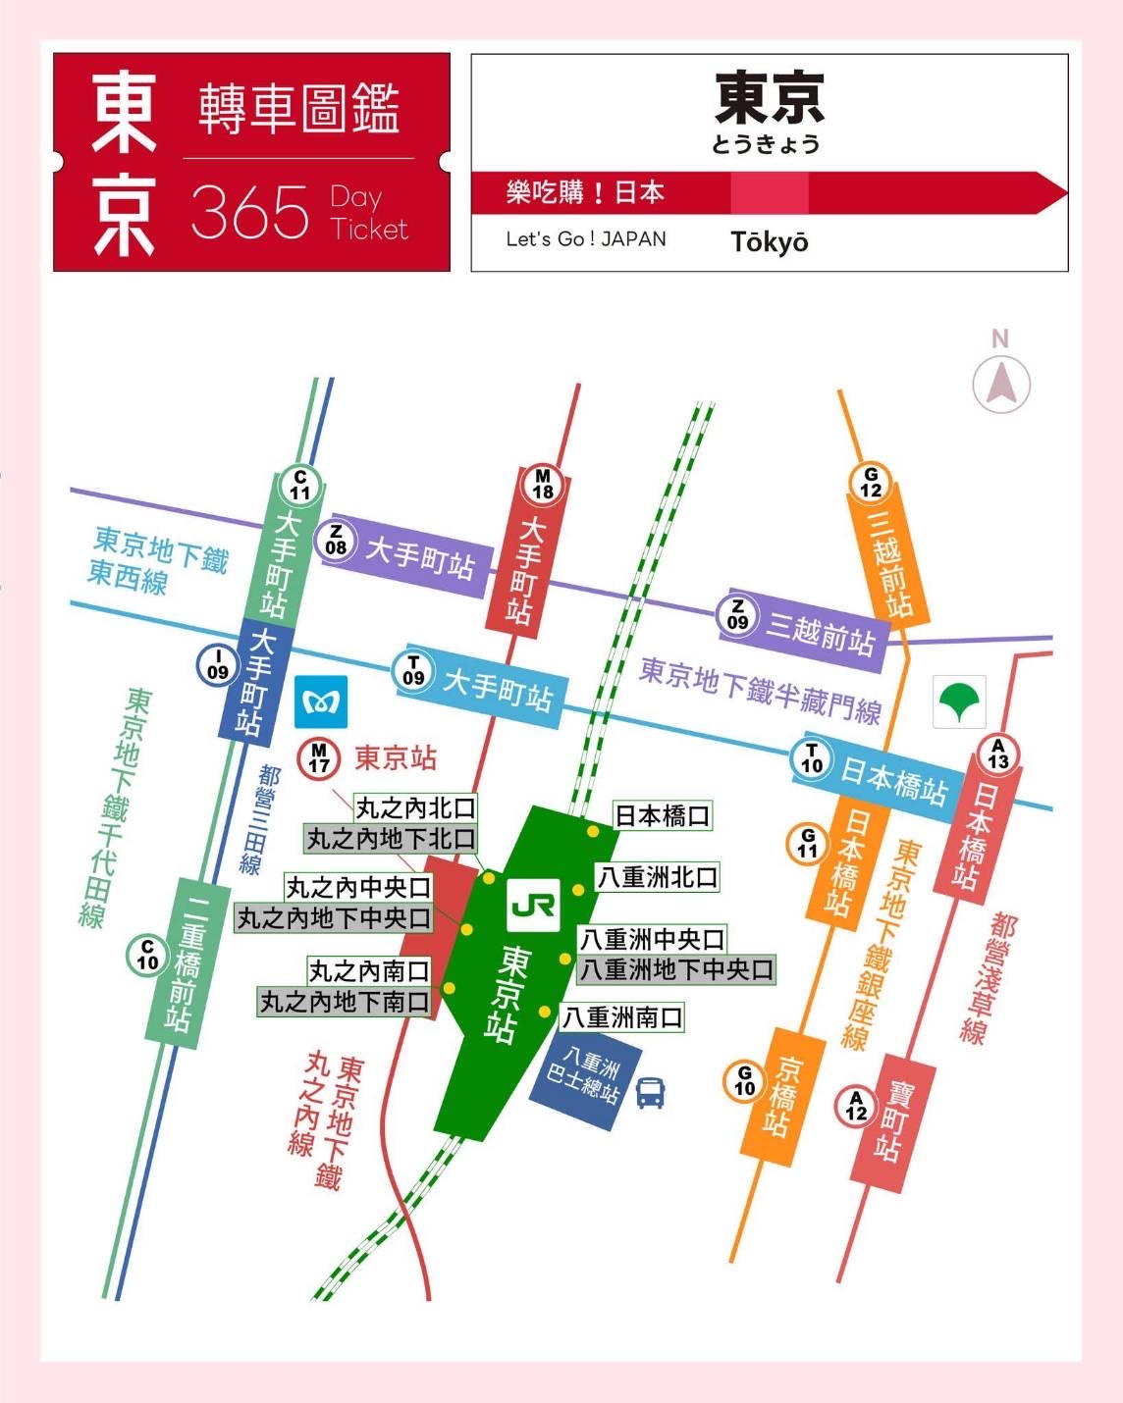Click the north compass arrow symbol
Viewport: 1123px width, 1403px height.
(1000, 384)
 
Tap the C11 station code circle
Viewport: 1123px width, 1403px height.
(299, 485)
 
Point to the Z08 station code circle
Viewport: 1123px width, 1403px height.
(336, 540)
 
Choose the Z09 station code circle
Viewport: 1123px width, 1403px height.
(737, 614)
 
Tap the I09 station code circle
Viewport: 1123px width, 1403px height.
(218, 665)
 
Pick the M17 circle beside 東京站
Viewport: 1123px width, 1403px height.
(319, 758)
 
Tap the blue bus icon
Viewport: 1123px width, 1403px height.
(651, 1092)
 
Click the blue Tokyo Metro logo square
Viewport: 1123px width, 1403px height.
(321, 702)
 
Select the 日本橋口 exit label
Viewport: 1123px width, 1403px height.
(662, 815)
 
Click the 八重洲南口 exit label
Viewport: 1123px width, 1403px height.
(621, 1017)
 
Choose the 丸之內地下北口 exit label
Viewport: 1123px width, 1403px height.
(391, 839)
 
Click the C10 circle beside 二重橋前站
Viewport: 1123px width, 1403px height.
(147, 955)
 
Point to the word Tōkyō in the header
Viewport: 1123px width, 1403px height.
(770, 241)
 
